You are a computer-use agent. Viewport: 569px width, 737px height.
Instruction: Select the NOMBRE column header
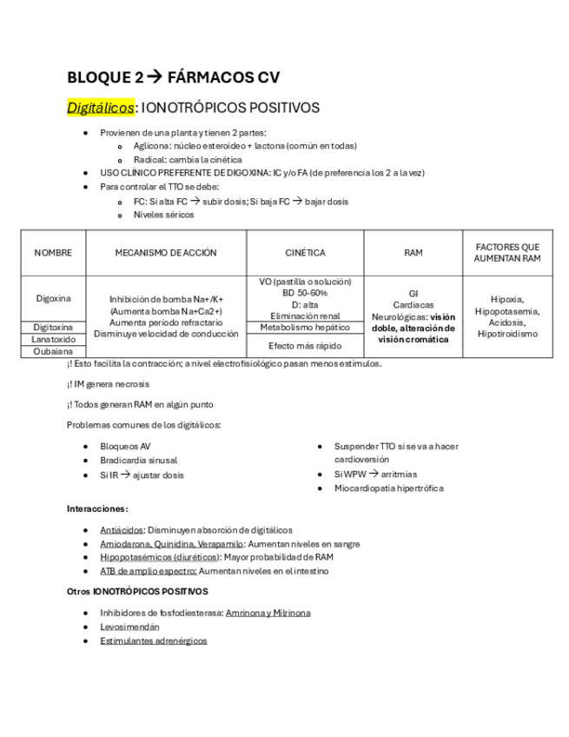click(x=53, y=253)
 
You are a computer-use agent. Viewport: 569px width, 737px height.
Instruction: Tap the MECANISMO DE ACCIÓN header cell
click(x=166, y=253)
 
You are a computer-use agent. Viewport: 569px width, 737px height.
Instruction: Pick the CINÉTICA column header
click(x=305, y=253)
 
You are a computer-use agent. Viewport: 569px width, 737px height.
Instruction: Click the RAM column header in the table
click(x=414, y=253)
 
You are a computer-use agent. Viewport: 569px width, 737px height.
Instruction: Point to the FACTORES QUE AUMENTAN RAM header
click(x=508, y=253)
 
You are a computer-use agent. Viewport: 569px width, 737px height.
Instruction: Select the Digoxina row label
click(x=53, y=298)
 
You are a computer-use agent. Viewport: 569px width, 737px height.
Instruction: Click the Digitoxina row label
click(x=53, y=327)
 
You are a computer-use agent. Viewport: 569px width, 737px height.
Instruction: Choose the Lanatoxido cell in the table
click(x=53, y=339)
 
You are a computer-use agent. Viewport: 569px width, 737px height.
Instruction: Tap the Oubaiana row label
click(x=53, y=352)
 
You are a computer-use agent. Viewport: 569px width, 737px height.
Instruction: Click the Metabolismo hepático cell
click(x=305, y=327)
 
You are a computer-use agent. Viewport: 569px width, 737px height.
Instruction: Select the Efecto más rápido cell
click(x=305, y=346)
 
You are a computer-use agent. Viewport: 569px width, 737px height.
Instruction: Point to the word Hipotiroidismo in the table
click(x=508, y=334)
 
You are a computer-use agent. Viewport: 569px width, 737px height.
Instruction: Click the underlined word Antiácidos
click(x=122, y=529)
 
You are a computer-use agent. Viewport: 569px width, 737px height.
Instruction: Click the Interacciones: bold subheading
click(x=97, y=508)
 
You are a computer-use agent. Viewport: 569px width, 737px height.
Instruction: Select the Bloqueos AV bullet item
click(x=126, y=446)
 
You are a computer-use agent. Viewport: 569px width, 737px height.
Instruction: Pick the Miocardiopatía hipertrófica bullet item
click(x=388, y=488)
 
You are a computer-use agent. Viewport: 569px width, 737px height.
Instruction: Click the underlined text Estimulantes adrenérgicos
click(x=154, y=641)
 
